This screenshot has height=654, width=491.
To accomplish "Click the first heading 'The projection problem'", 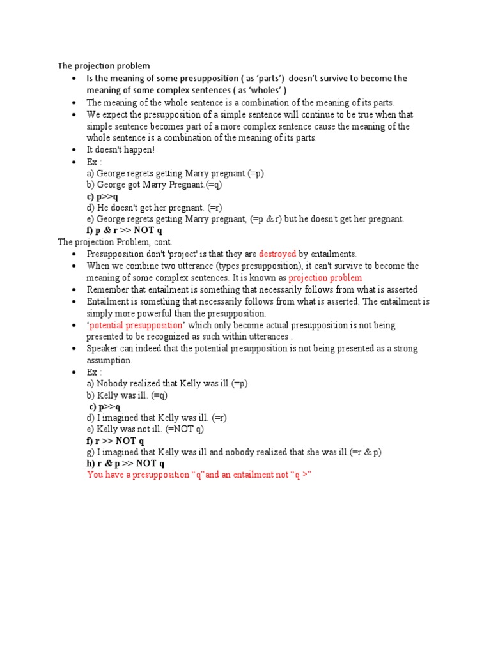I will pyautogui.click(x=104, y=66).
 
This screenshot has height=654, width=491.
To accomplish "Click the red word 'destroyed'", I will pyautogui.click(x=277, y=254).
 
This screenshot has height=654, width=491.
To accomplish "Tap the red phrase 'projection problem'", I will pyautogui.click(x=325, y=278).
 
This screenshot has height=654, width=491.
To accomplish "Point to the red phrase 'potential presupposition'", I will pyautogui.click(x=136, y=325).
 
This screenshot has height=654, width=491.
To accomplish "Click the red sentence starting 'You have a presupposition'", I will pyautogui.click(x=199, y=476).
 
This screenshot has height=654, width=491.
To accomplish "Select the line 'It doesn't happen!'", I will pyautogui.click(x=121, y=149).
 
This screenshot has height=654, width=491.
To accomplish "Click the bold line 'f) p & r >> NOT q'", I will pyautogui.click(x=125, y=231).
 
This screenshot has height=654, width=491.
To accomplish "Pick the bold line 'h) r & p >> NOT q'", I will pyautogui.click(x=125, y=464).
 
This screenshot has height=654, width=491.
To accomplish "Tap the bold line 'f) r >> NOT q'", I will pyautogui.click(x=115, y=441).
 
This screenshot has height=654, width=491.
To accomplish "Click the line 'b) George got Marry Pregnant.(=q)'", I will pyautogui.click(x=154, y=185).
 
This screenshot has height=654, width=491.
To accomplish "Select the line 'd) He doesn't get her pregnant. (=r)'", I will pyautogui.click(x=154, y=208).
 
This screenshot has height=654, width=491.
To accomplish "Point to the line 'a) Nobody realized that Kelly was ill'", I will pyautogui.click(x=167, y=383).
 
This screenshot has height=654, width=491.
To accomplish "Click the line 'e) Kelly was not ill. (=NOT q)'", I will pyautogui.click(x=145, y=429).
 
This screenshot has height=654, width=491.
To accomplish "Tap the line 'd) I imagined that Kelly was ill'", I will pyautogui.click(x=157, y=418).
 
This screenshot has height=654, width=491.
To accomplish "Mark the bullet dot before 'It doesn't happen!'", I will pyautogui.click(x=75, y=150).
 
